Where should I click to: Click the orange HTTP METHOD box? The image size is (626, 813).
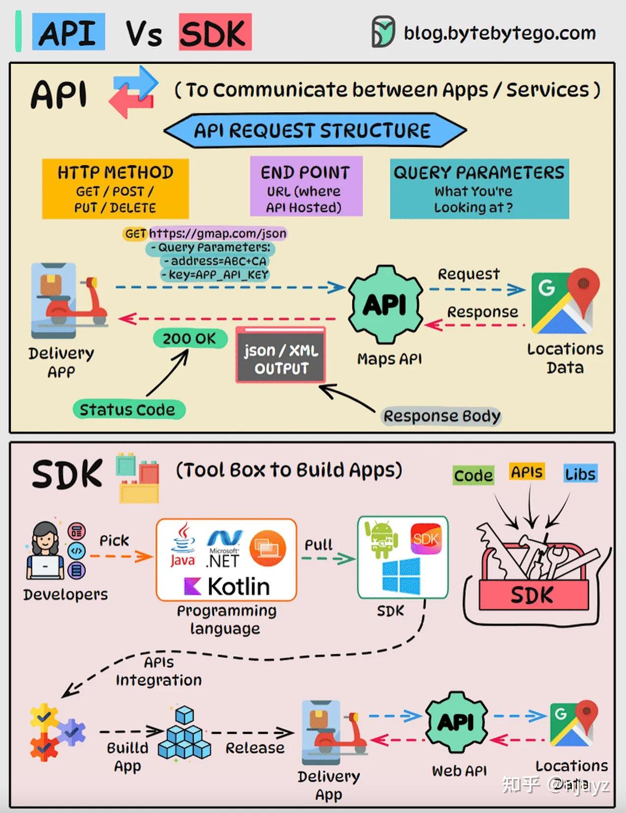click(115, 189)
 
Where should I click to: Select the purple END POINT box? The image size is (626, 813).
click(306, 186)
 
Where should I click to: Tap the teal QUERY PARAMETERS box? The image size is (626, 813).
click(479, 189)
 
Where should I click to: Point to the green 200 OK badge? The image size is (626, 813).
click(189, 339)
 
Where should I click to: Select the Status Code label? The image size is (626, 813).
click(128, 409)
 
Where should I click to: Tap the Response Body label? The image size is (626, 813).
click(441, 416)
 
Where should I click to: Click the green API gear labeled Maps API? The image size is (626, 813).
click(385, 305)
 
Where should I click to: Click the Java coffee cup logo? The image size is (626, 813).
click(183, 545)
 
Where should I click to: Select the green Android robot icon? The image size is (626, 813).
click(381, 539)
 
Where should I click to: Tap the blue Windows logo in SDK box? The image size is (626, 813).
click(401, 576)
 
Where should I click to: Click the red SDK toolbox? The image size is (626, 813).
click(532, 595)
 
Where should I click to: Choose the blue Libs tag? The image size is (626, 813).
click(580, 474)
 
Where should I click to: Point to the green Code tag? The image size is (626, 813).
click(473, 475)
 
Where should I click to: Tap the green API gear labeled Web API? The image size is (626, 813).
click(457, 723)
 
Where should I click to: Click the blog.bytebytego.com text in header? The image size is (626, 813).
click(499, 33)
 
